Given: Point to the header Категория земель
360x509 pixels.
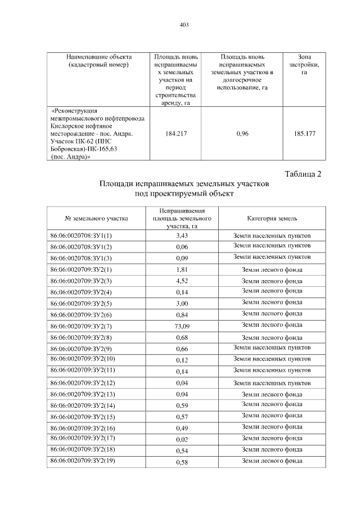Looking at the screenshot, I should (x=272, y=218).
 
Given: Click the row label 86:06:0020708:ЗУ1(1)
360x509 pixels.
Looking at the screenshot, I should (x=81, y=236).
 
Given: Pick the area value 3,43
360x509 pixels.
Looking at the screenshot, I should (x=181, y=236).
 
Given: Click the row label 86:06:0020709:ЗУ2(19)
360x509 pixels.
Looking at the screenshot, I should (x=83, y=461).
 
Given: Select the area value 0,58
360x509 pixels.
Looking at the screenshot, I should (x=181, y=462).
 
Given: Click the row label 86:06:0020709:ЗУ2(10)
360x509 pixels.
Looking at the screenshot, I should (x=83, y=359).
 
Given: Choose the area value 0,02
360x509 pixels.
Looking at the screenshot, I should (x=181, y=439).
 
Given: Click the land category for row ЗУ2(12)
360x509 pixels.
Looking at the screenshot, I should (x=272, y=383).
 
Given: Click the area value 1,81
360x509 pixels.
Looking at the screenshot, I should (x=181, y=270).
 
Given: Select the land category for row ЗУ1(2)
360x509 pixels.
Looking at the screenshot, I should (x=272, y=246).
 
